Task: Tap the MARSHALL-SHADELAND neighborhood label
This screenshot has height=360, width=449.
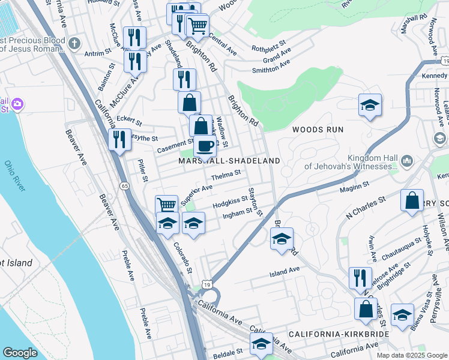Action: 229,161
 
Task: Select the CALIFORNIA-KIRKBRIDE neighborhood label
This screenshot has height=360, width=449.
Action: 339,334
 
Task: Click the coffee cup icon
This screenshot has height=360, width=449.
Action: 205,145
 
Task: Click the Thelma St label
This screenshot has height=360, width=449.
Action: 226,175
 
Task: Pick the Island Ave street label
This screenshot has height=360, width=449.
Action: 285,271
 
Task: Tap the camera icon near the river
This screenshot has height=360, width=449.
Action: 17,104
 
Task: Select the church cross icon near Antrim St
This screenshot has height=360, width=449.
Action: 74,43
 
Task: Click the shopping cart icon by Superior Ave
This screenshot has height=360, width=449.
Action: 166,205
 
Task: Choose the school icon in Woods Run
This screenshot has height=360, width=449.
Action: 370,104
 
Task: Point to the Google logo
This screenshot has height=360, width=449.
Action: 20,353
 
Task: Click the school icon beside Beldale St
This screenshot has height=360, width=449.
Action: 261,344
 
